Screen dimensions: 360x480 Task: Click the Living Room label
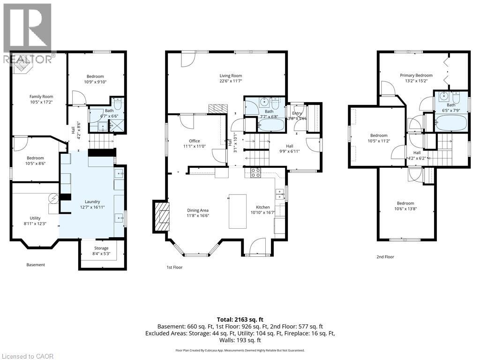point(231,75)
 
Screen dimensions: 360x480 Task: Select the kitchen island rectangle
point(238,211)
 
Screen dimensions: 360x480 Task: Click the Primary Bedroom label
point(416,75)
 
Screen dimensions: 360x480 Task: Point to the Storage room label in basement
point(101,248)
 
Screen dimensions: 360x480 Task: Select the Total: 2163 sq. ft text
point(240,318)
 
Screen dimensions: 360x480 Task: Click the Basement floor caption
point(36,265)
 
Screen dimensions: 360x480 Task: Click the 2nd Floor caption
point(385,257)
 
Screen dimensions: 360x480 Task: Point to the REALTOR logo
point(27,33)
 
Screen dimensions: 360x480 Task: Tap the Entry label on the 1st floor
point(297,113)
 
